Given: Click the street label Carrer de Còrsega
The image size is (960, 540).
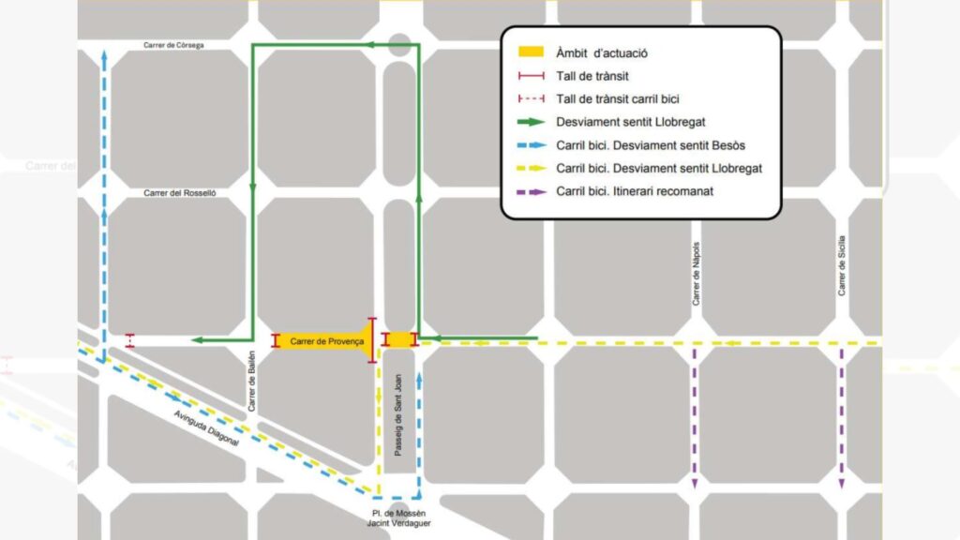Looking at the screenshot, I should (x=173, y=44).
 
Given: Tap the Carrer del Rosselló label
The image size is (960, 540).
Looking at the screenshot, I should (x=180, y=193).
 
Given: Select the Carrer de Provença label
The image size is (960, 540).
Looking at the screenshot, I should (x=326, y=341).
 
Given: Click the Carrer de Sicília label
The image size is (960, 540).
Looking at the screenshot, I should (x=842, y=265).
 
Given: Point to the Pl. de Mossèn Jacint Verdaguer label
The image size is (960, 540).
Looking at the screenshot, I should (x=398, y=517).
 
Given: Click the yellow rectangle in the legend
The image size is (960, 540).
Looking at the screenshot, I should (x=532, y=53).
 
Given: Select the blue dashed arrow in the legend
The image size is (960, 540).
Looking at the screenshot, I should (x=532, y=145).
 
